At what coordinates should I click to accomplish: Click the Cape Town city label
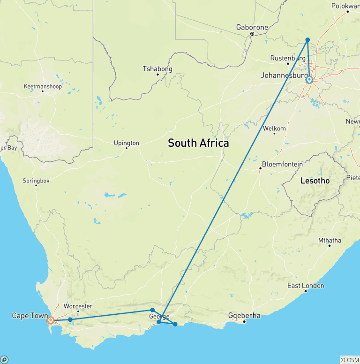(30, 316)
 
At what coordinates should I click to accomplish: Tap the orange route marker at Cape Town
(51, 321)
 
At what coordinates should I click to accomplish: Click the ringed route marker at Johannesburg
(309, 80)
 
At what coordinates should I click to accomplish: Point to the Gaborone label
(252, 27)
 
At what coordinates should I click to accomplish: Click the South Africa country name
(198, 143)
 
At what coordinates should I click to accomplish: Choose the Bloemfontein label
(282, 164)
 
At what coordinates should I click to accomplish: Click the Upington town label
(126, 143)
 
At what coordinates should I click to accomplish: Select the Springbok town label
(36, 181)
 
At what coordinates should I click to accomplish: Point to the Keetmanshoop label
(43, 86)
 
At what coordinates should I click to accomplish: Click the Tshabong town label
(157, 69)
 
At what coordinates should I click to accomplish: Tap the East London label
(306, 286)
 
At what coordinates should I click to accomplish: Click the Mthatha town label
(330, 240)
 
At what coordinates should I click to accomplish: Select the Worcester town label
(78, 306)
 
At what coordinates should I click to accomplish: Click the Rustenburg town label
(285, 58)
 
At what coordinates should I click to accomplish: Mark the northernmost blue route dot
(307, 40)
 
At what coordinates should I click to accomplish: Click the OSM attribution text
(349, 360)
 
